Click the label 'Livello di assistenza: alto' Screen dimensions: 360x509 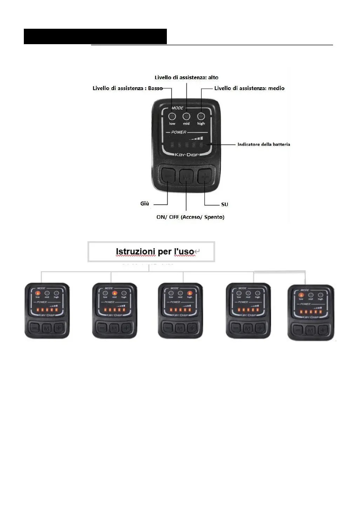click(x=186, y=77)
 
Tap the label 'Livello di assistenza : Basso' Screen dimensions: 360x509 click(x=128, y=88)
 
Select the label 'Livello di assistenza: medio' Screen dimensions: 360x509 click(x=249, y=88)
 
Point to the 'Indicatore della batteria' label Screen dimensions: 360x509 click(x=264, y=144)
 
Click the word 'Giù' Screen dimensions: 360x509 click(x=144, y=204)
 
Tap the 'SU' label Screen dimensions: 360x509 click(x=225, y=204)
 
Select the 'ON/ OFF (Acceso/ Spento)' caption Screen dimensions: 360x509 click(x=190, y=217)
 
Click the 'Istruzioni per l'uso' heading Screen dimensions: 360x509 click(x=155, y=251)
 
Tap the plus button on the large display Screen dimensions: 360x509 click(x=205, y=176)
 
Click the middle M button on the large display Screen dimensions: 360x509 click(x=186, y=177)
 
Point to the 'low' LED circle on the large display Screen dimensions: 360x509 click(x=172, y=116)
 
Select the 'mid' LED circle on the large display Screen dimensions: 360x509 click(x=186, y=116)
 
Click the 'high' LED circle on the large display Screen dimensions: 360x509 click(x=201, y=116)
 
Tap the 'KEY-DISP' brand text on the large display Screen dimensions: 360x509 click(x=186, y=155)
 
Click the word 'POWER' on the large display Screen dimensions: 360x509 click(x=179, y=132)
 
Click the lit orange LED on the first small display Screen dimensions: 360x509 click(x=38, y=293)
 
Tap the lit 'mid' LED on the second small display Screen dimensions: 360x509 click(x=114, y=293)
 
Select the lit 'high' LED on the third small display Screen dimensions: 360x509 click(x=190, y=293)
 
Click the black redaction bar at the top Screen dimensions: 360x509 click(x=95, y=36)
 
